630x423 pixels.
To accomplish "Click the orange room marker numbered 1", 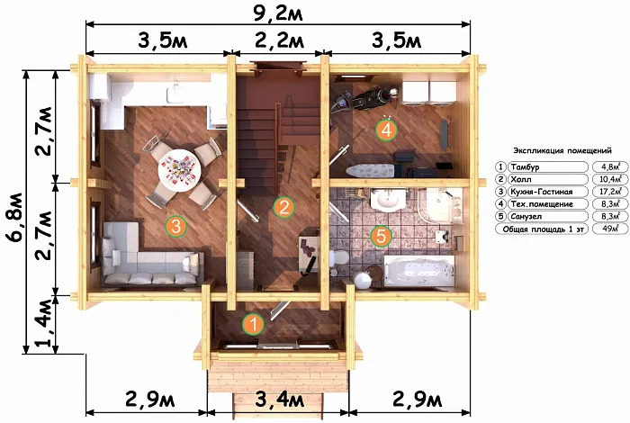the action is [x=253, y=324].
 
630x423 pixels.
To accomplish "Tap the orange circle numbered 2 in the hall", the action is [x=284, y=207].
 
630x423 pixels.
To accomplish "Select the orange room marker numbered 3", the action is [x=176, y=226].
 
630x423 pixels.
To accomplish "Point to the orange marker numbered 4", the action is [x=386, y=130].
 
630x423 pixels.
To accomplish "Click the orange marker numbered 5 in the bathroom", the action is [x=381, y=236].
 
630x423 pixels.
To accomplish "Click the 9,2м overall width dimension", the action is [x=278, y=13].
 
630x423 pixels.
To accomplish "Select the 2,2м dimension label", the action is [x=280, y=40].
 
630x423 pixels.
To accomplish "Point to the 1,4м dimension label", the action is [x=44, y=323].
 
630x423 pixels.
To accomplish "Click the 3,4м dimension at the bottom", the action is [x=280, y=400].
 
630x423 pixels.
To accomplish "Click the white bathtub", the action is [x=419, y=271].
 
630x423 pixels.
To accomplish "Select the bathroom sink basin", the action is [x=388, y=199].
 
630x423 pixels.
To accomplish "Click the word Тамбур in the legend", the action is [x=525, y=166].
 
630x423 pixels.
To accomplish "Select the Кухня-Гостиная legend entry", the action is [x=541, y=192].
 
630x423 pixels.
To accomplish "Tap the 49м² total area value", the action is [x=610, y=229].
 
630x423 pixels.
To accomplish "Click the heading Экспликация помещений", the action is [x=562, y=150].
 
